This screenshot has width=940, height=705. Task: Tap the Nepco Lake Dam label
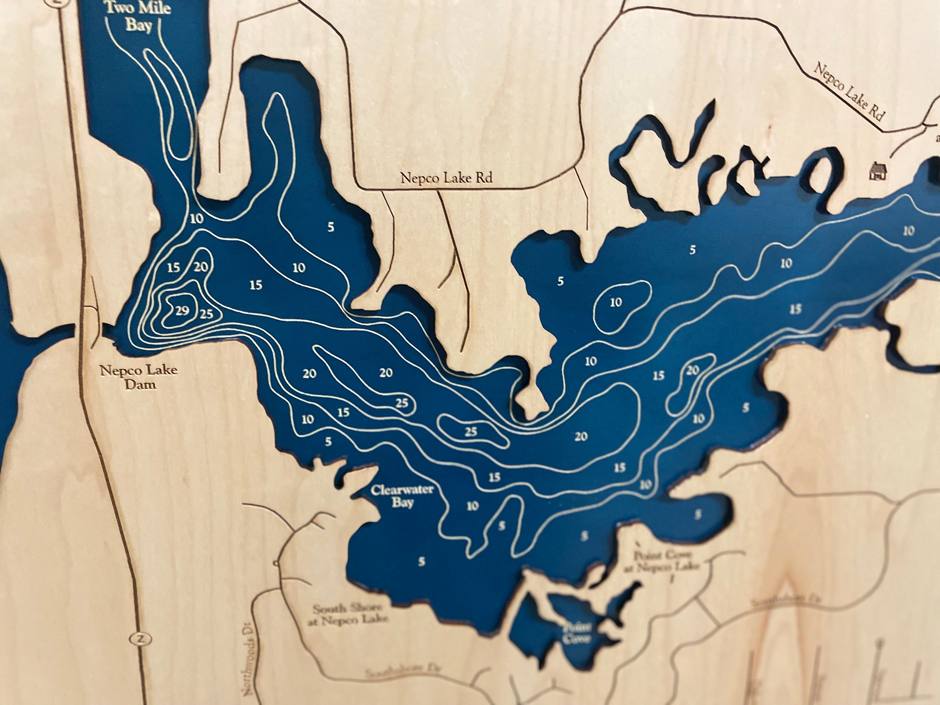(x=139, y=377)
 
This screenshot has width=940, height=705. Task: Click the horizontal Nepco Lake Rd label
(x=446, y=178)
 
